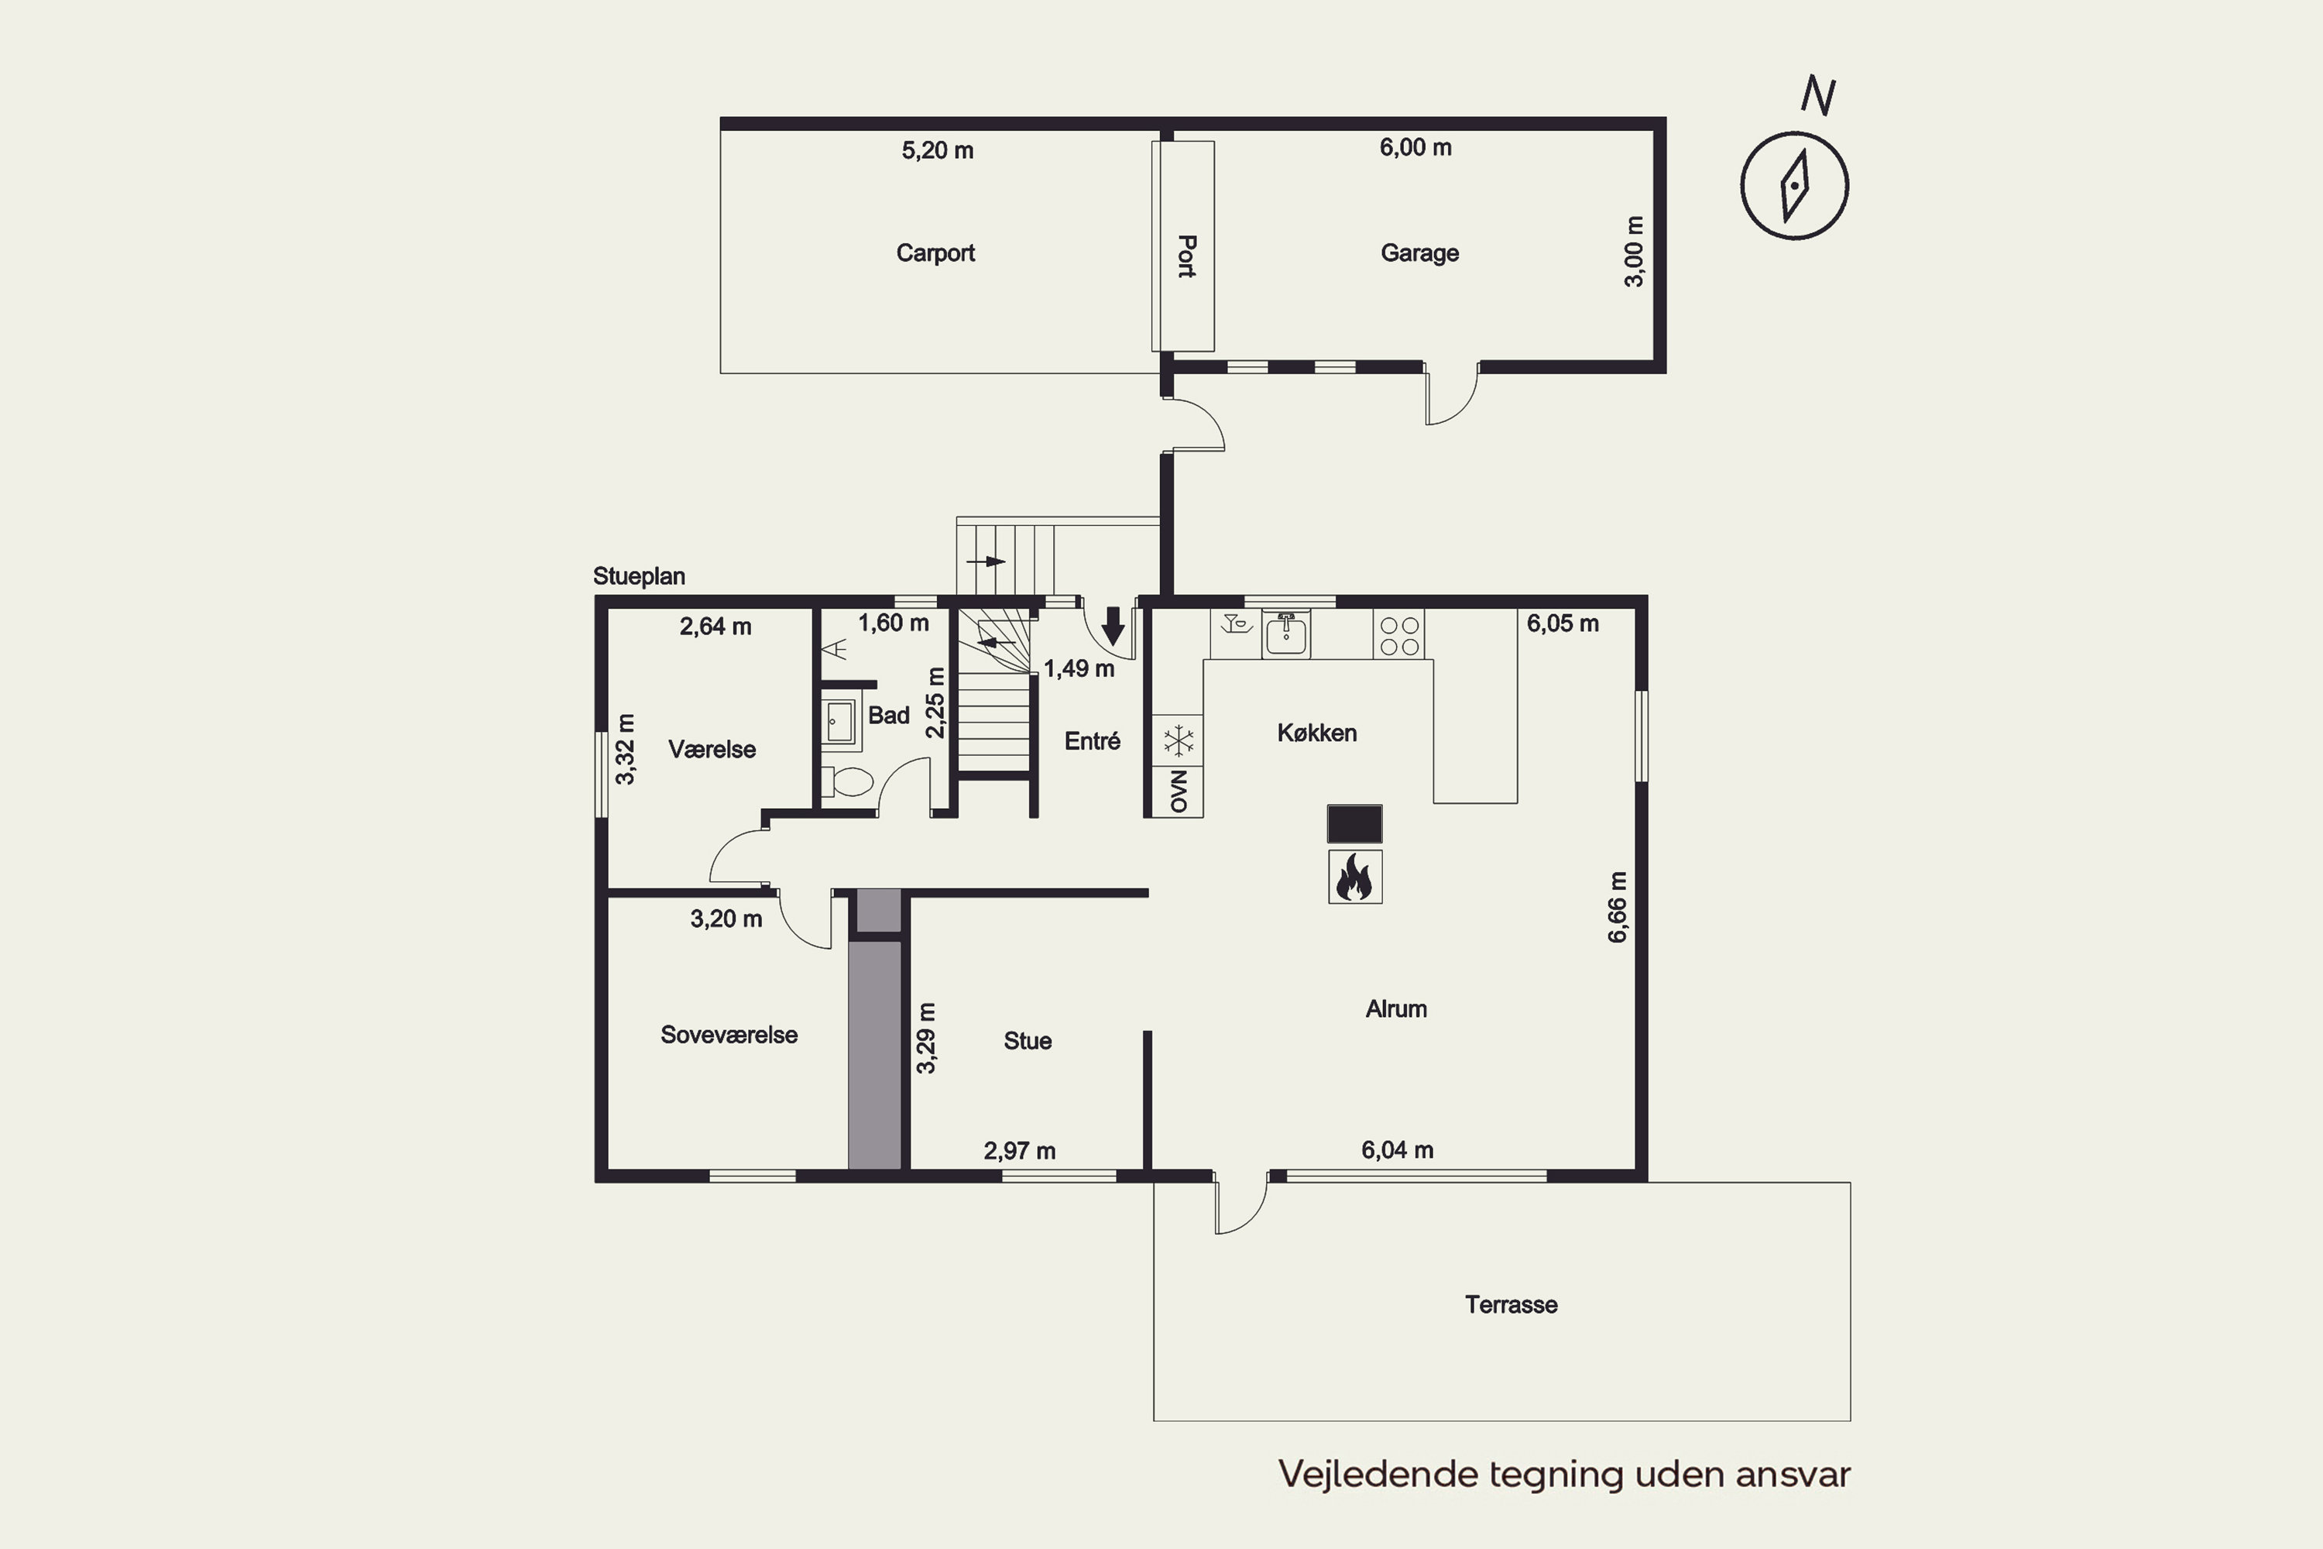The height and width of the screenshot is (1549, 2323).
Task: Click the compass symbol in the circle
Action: tap(1793, 186)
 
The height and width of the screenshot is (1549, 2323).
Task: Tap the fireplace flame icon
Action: tap(1354, 878)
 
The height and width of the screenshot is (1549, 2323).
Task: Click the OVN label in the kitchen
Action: tap(1179, 792)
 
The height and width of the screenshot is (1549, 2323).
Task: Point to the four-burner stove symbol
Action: tap(1398, 635)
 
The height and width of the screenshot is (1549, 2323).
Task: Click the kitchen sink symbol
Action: tap(1286, 634)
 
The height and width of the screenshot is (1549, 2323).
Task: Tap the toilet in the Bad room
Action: tap(849, 782)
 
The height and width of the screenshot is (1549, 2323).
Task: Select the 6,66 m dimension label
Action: tap(1617, 907)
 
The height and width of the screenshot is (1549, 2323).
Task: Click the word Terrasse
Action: tap(1511, 1305)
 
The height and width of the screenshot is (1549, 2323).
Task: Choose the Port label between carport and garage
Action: tap(1187, 256)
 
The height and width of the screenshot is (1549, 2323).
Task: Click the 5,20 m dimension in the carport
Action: tap(937, 150)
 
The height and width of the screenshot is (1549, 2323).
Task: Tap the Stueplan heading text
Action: tap(639, 576)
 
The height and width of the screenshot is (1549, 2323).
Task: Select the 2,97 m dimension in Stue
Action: tap(1019, 1151)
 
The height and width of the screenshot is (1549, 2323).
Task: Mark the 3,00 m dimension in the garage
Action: tap(1635, 252)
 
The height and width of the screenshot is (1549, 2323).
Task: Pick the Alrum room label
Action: tap(1395, 1008)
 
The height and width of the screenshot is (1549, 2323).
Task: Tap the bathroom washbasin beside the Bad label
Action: tap(839, 721)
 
